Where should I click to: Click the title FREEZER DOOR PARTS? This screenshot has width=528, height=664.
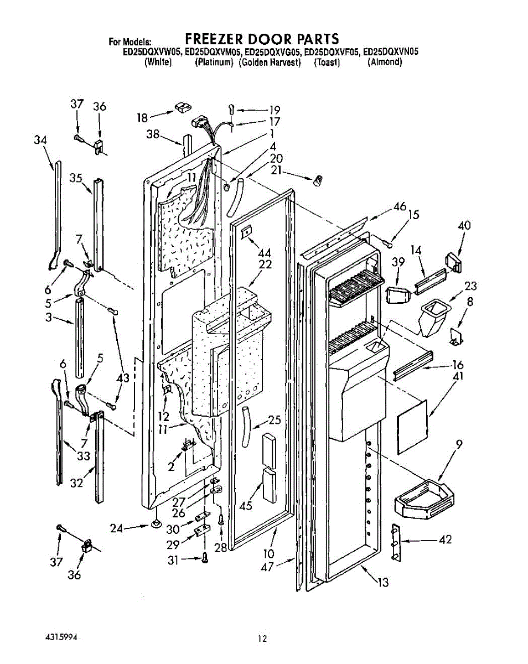point(261,39)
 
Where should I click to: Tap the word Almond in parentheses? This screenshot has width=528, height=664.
point(385,62)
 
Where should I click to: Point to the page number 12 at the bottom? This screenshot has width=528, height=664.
point(262,639)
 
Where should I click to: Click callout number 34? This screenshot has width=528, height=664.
point(40,141)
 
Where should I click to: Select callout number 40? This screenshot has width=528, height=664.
point(464,225)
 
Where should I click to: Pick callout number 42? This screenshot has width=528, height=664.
point(444,539)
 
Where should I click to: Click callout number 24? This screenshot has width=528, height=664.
point(116,528)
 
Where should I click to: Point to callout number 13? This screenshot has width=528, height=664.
point(383,582)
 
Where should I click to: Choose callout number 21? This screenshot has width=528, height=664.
point(277,171)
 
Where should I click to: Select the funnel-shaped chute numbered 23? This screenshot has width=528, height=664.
point(432,318)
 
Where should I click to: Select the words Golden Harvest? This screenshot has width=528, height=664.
point(270,62)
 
